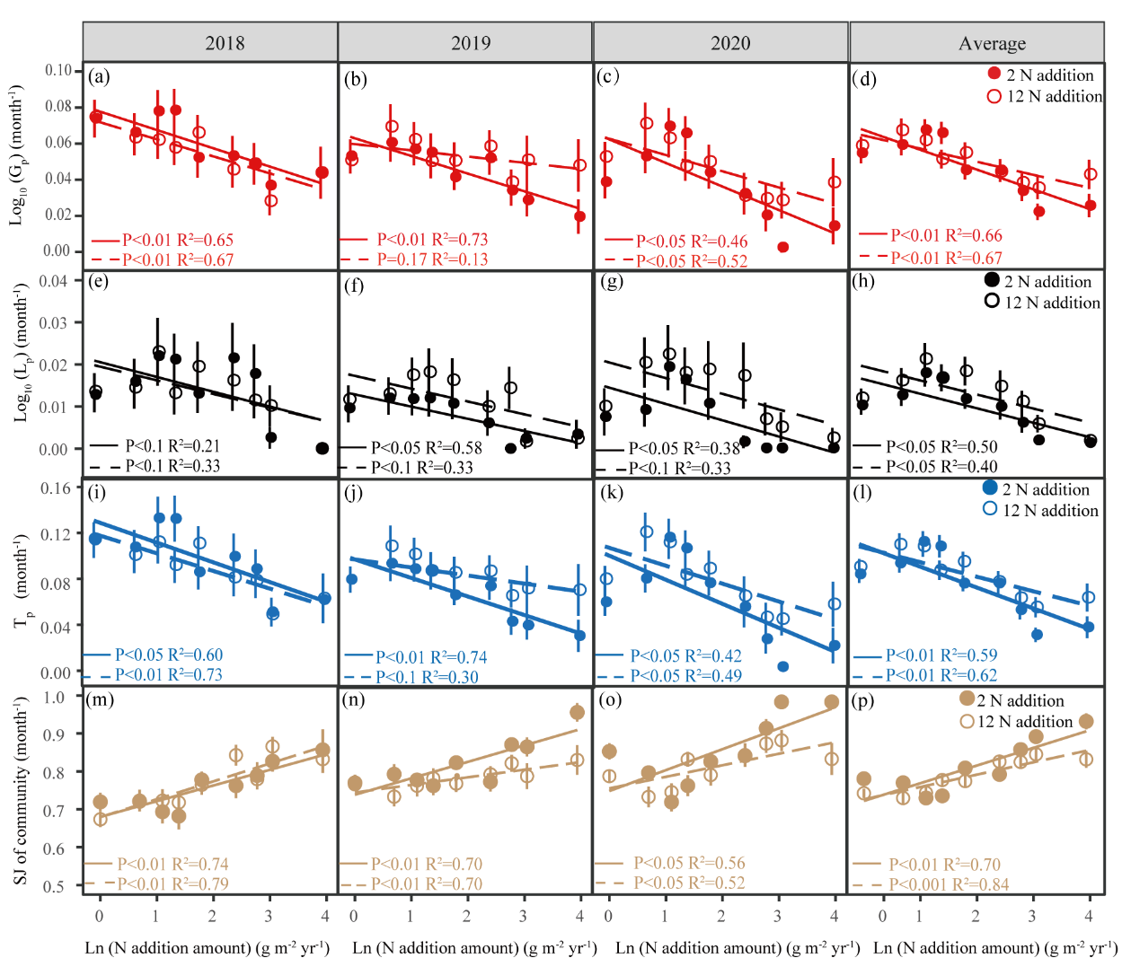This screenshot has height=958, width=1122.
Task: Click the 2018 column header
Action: (225, 43)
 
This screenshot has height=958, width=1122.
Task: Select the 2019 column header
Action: (471, 43)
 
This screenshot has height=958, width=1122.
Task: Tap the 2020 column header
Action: (729, 43)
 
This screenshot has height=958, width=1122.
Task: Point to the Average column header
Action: (992, 43)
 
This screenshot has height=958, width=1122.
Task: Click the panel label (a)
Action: (100, 77)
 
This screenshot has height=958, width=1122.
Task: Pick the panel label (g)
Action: (612, 281)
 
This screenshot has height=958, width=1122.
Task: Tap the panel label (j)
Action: (355, 491)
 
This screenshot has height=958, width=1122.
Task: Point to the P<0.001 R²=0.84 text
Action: (949, 884)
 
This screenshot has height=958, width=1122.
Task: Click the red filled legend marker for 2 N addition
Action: (994, 75)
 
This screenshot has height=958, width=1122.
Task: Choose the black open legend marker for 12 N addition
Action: (992, 302)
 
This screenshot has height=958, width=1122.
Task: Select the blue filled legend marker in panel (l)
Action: (990, 488)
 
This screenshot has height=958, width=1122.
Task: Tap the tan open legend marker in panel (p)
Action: (967, 721)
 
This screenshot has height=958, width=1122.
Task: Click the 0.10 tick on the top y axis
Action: (58, 70)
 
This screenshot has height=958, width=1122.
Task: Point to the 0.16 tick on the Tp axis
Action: (56, 488)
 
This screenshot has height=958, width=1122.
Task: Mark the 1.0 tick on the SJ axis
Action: (54, 697)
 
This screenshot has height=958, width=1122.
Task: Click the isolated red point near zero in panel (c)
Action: (783, 246)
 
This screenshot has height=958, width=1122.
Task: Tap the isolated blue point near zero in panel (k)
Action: (783, 666)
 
